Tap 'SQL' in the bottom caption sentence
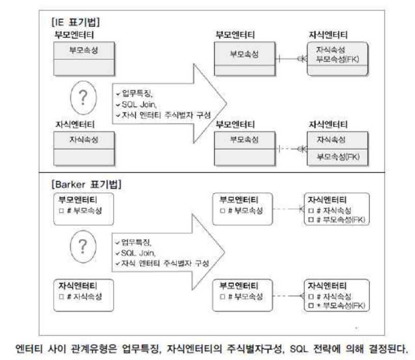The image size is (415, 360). (302, 350)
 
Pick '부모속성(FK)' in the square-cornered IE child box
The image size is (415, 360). (338, 156)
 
